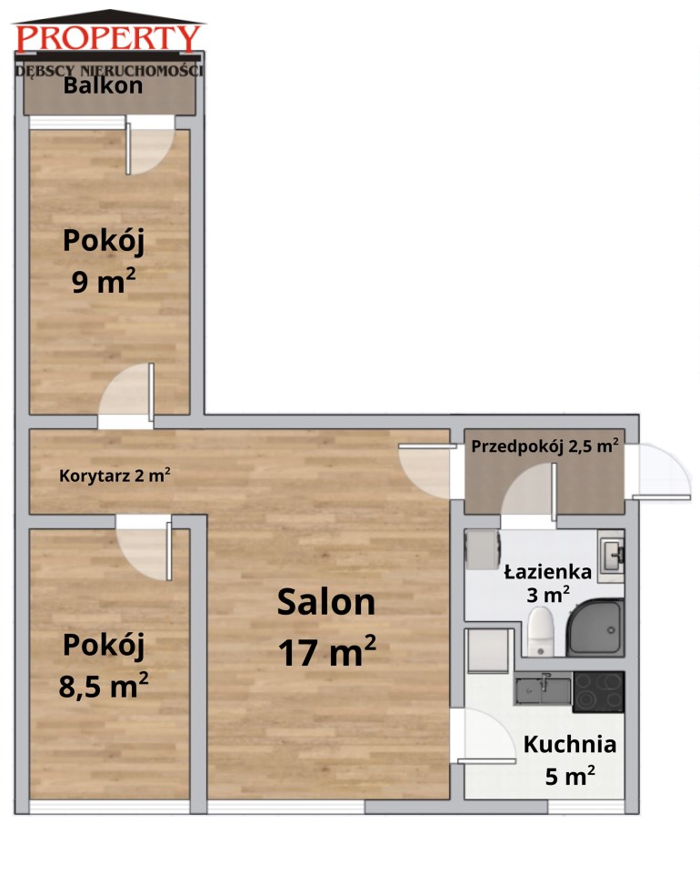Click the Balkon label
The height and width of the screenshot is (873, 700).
103,85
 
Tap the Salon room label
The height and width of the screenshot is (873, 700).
326,602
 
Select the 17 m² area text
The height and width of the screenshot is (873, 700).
327,651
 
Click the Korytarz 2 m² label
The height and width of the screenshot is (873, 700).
115,476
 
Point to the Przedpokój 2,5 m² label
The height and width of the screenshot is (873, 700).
545,446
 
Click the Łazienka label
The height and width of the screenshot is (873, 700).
547,572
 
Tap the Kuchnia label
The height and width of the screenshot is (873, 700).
570,745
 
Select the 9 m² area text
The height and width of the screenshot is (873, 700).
104,281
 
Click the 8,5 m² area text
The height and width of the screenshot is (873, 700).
104,686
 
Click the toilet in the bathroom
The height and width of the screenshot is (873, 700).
540,631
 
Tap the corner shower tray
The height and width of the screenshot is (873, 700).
595,628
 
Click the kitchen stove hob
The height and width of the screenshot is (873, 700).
599,692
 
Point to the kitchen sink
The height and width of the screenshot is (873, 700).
543,690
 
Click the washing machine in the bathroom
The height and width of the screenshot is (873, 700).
483,550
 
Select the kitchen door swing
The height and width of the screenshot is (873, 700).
487,737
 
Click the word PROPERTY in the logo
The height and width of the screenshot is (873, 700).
108,38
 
